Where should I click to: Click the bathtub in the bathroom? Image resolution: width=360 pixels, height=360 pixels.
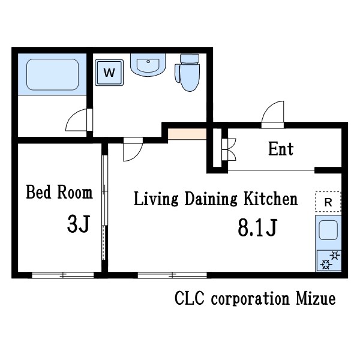coord(53,74)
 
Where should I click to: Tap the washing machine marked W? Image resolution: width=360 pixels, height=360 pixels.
coord(109,73)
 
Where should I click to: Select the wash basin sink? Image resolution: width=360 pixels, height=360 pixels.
coord(148,65)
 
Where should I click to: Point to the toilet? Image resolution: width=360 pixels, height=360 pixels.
coord(188,73)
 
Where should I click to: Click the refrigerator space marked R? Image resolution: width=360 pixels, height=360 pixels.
coord(328,202)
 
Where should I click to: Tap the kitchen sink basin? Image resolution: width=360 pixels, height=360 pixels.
coord(329,230)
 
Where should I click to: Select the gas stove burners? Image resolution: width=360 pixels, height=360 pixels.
coord(329,260)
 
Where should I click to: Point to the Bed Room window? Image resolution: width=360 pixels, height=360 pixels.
coord(62,275)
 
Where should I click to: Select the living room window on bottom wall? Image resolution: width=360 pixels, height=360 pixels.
coord(172,275)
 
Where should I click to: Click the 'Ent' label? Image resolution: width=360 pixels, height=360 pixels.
coord(281,149)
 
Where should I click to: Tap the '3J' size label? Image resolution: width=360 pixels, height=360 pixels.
coord(78,224)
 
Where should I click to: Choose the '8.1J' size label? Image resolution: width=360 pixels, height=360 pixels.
coord(257,227)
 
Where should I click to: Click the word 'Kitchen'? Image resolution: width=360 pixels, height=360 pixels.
coord(271,199)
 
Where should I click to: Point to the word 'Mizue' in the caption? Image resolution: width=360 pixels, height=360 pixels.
coord(316,298)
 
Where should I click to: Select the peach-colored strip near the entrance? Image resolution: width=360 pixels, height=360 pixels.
coord(187,134)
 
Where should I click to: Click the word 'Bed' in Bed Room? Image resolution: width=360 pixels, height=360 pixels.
coord(38,192)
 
